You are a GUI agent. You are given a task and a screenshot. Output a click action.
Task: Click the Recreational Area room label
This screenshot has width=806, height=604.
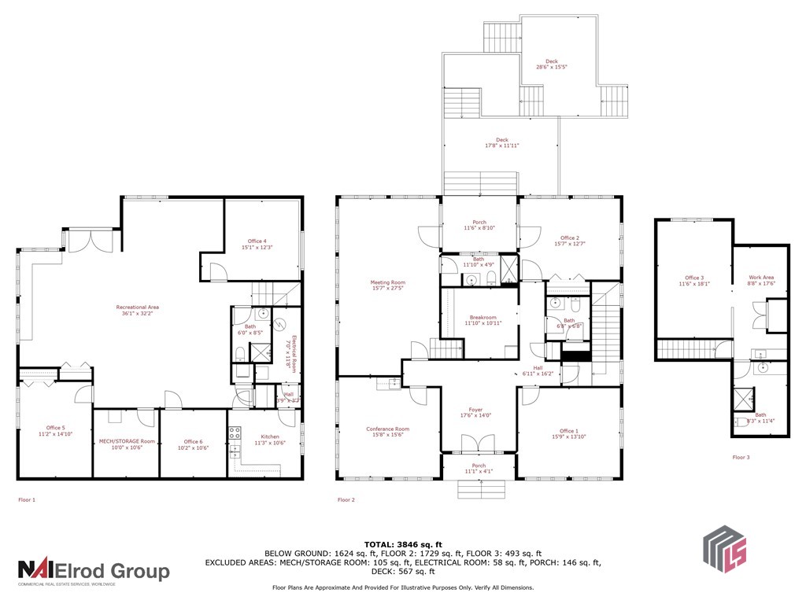pyautogui.click(x=137, y=310)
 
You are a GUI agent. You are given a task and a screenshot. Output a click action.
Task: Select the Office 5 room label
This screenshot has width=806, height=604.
pyautogui.click(x=54, y=429)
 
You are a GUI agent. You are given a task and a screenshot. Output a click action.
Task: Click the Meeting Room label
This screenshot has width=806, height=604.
pyautogui.click(x=387, y=285)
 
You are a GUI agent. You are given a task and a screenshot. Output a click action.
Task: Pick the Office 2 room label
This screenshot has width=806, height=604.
pyautogui.click(x=569, y=241)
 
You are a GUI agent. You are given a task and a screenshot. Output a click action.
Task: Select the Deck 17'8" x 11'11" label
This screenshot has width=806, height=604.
pyautogui.click(x=501, y=142)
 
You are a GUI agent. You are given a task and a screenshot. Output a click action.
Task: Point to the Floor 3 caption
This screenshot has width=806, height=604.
pyautogui.click(x=741, y=457)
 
